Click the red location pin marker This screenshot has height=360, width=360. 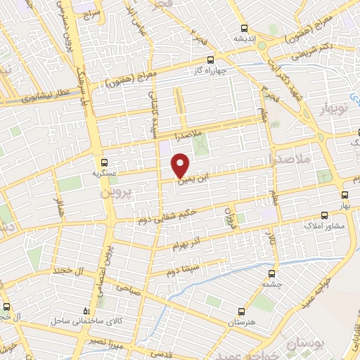click(x=181, y=165)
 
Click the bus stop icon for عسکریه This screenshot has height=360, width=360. click(x=104, y=161)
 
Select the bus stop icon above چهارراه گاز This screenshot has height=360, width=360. click(x=209, y=60)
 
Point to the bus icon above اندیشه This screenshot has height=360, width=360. click(x=244, y=29)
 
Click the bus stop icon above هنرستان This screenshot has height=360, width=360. click(x=241, y=311)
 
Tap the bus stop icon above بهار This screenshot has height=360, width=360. click(x=345, y=195)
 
